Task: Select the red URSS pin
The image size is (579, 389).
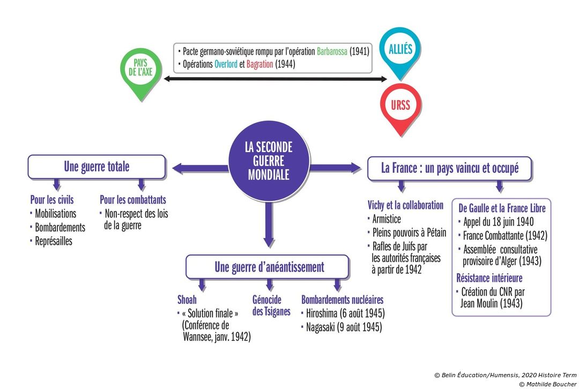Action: (x=400, y=105)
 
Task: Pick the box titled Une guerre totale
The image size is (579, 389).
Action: (x=96, y=167)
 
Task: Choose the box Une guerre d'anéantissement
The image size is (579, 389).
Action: (x=269, y=267)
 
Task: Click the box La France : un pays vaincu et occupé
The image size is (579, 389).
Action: (x=449, y=168)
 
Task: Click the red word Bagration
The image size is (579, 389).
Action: (x=260, y=64)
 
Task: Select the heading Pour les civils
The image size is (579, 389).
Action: (x=51, y=200)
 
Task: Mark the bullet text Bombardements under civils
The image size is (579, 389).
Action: (x=60, y=227)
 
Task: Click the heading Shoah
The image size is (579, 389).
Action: (x=187, y=300)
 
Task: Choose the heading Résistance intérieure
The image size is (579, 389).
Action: (x=489, y=278)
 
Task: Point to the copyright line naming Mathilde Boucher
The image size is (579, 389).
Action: (x=547, y=384)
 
